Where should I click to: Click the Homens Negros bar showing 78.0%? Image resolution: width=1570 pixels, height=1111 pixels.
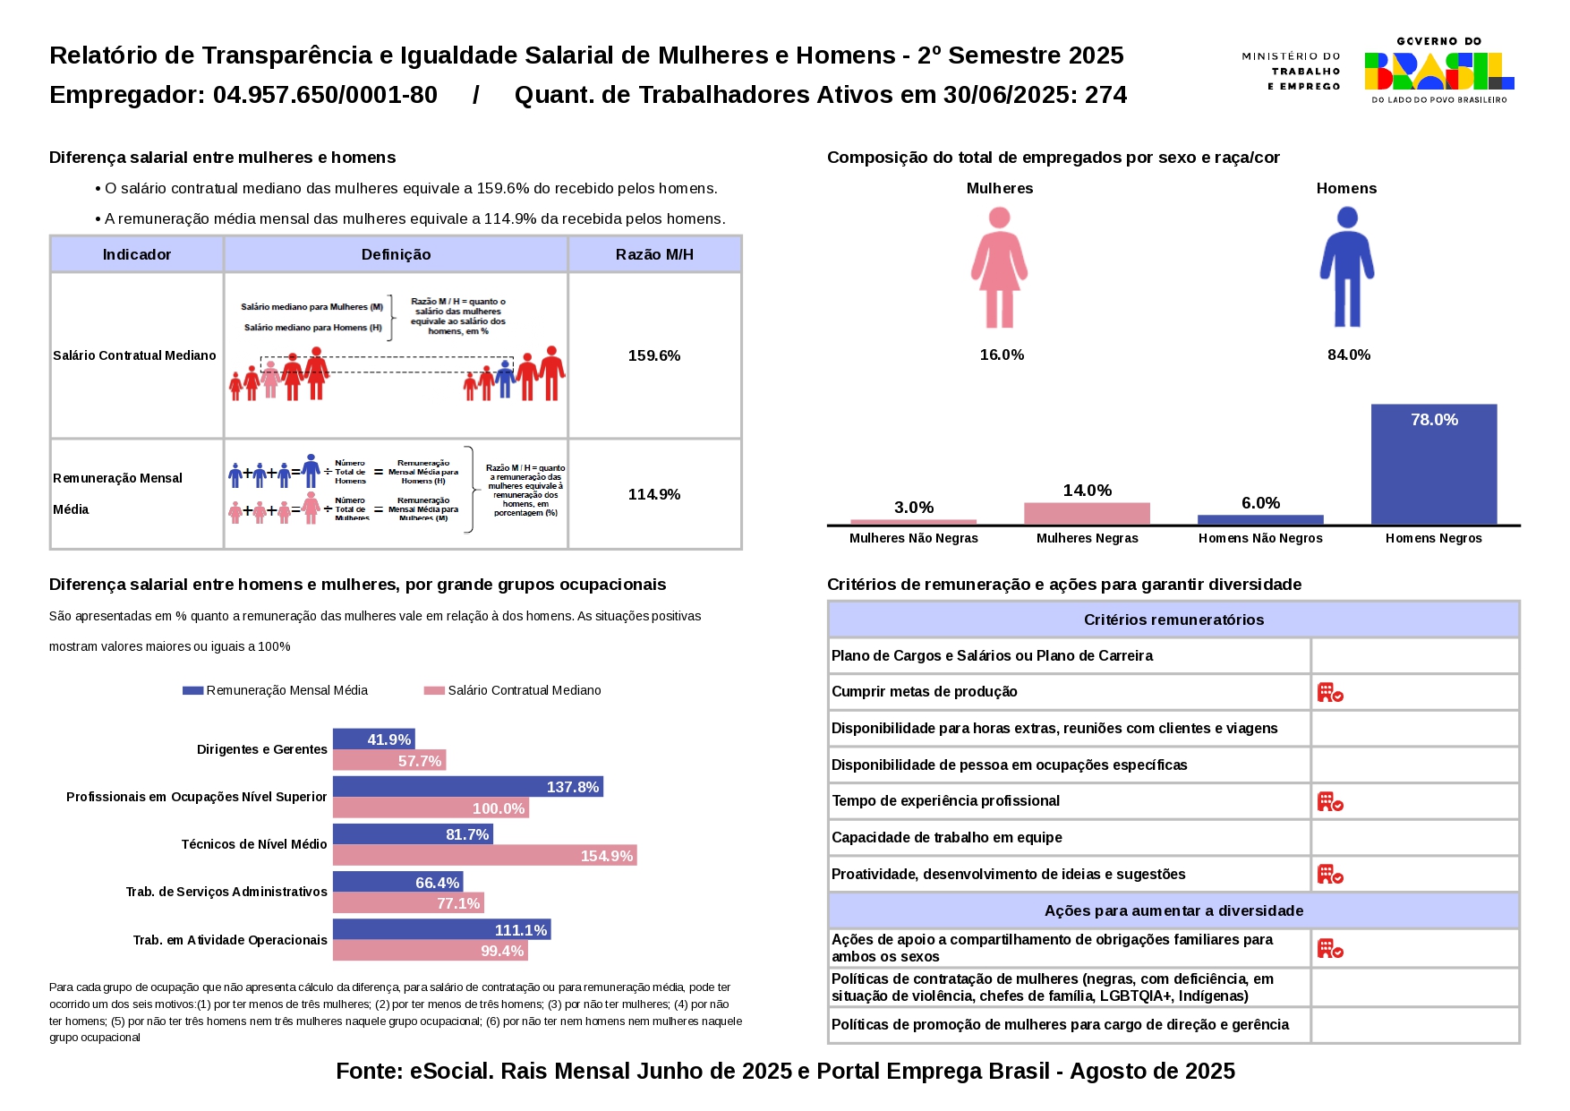click(1433, 464)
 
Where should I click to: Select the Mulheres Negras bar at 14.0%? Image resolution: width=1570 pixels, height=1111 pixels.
click(1087, 513)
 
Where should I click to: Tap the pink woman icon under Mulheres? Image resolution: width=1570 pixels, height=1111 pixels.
click(999, 268)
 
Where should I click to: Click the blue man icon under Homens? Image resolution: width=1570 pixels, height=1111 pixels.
click(1346, 268)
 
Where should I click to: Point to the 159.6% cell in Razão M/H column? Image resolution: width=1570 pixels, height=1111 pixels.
click(654, 355)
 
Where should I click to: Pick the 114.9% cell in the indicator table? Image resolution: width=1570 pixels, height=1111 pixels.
click(654, 494)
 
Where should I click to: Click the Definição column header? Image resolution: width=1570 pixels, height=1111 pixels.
click(396, 254)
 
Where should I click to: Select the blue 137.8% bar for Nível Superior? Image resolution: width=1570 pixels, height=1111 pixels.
click(467, 787)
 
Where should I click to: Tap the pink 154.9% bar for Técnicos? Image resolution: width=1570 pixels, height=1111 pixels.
click(484, 856)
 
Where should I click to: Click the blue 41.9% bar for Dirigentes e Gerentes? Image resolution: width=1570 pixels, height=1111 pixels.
click(373, 739)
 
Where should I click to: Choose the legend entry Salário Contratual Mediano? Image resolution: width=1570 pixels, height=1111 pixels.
click(524, 690)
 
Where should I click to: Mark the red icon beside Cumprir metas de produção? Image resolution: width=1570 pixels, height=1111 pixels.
click(1330, 692)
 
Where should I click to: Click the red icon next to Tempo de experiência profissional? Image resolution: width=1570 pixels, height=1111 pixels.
click(1330, 801)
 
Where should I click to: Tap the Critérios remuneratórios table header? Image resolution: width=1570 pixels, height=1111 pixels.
click(1173, 620)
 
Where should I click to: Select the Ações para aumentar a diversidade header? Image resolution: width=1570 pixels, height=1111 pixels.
click(1173, 910)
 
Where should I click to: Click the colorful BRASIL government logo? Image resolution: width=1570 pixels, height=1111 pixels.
click(1438, 71)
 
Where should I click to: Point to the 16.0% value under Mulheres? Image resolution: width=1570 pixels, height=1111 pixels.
click(1002, 355)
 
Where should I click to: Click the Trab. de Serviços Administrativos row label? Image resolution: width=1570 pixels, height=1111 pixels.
click(226, 892)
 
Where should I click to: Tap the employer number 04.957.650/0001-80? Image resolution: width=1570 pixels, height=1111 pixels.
click(325, 95)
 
